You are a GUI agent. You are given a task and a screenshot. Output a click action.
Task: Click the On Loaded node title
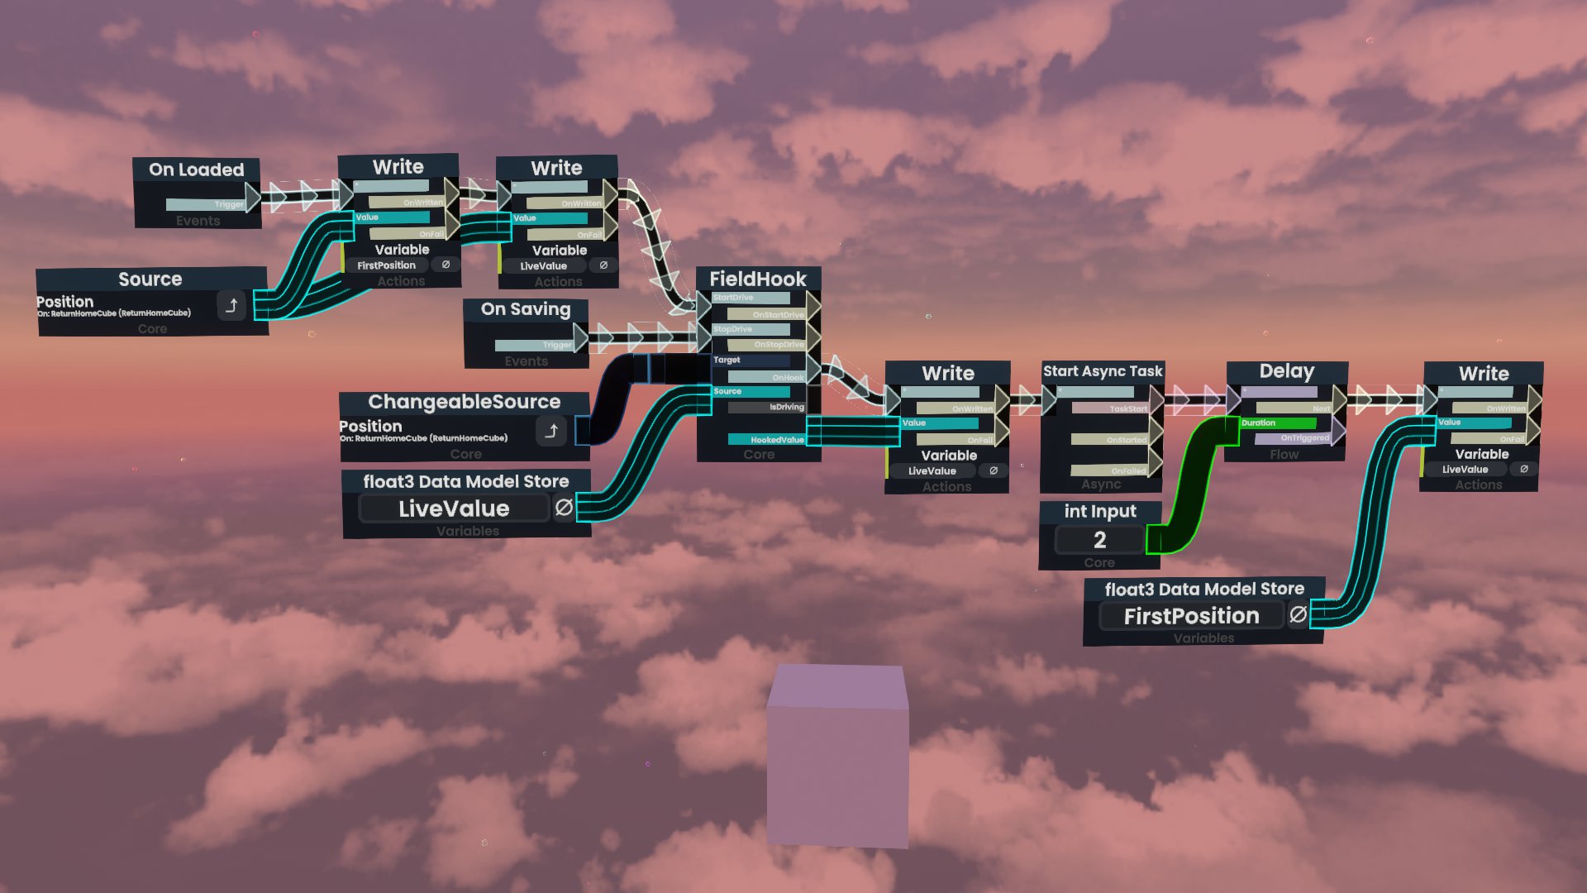pyautogui.click(x=197, y=170)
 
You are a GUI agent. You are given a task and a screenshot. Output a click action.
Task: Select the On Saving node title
pyautogui.click(x=526, y=309)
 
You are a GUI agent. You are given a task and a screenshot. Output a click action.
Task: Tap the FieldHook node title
pyautogui.click(x=757, y=279)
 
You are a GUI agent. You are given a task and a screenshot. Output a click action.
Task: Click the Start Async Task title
pyautogui.click(x=1103, y=371)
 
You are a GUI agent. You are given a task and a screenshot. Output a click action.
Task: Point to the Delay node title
pyautogui.click(x=1286, y=371)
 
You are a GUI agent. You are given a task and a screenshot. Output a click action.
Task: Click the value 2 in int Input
pyautogui.click(x=1099, y=540)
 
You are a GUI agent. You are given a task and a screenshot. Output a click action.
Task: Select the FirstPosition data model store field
pyautogui.click(x=1191, y=616)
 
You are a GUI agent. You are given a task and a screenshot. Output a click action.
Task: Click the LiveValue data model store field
pyautogui.click(x=454, y=509)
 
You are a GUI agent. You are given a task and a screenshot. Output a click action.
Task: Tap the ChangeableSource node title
pyautogui.click(x=464, y=402)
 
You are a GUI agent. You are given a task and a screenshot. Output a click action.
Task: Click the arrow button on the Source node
pyautogui.click(x=231, y=306)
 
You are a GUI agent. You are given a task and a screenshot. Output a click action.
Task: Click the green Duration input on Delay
pyautogui.click(x=1277, y=423)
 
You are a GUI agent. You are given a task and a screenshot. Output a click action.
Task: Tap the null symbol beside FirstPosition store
pyautogui.click(x=1299, y=614)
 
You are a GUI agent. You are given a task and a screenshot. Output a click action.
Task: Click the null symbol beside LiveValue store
pyautogui.click(x=564, y=507)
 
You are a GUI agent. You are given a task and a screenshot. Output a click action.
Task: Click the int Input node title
pyautogui.click(x=1099, y=512)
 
